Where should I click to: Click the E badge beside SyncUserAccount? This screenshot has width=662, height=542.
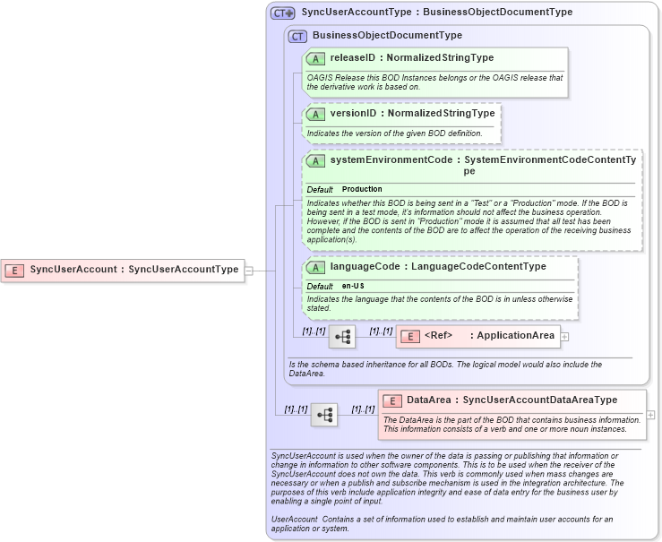[x=14, y=269]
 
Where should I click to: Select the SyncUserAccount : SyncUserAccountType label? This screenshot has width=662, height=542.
[x=134, y=269]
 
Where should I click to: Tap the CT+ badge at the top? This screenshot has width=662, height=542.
[x=283, y=13]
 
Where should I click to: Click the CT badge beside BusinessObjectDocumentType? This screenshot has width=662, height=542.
[x=297, y=36]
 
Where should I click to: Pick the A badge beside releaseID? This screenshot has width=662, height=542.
[x=315, y=58]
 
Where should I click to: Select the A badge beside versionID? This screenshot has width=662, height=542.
[x=315, y=114]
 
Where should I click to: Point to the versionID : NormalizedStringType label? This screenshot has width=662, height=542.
[x=412, y=114]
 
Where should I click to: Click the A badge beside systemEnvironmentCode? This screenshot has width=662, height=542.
[x=315, y=160]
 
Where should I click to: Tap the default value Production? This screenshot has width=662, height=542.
[x=362, y=190]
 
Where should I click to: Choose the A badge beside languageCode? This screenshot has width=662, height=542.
[x=315, y=267]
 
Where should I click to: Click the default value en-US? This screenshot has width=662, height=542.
[x=353, y=286]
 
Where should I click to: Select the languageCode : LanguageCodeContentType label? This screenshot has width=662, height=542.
[x=437, y=267]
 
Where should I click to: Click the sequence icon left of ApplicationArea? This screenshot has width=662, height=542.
[x=342, y=337]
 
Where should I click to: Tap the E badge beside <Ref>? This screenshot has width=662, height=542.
[x=409, y=336]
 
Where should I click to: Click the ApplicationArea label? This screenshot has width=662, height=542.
[x=515, y=336]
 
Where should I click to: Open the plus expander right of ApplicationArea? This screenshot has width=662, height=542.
[x=565, y=336]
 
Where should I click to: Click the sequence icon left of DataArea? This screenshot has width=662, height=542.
[x=324, y=415]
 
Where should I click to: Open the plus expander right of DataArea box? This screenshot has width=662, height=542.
[x=650, y=415]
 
